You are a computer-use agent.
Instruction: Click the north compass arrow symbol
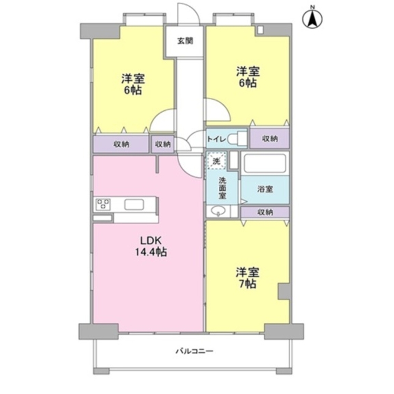click(x=312, y=19)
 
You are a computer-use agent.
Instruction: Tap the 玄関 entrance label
click(x=186, y=41)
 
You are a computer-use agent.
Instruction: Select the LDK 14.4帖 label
click(x=151, y=246)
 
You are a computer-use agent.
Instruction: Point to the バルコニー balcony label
click(x=194, y=351)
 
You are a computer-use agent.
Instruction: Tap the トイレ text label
click(x=217, y=139)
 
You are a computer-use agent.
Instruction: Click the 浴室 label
click(x=265, y=189)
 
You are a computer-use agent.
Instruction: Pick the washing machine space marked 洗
click(x=216, y=161)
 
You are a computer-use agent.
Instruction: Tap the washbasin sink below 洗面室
click(x=218, y=211)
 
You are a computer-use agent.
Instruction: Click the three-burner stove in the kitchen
click(x=103, y=204)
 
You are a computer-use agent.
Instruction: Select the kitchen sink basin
click(x=134, y=204)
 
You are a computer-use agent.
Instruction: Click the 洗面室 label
click(x=222, y=188)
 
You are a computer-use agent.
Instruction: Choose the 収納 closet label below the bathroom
click(x=265, y=212)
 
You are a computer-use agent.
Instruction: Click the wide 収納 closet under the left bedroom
click(x=121, y=144)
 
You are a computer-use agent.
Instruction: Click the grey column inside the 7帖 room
click(x=284, y=292)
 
